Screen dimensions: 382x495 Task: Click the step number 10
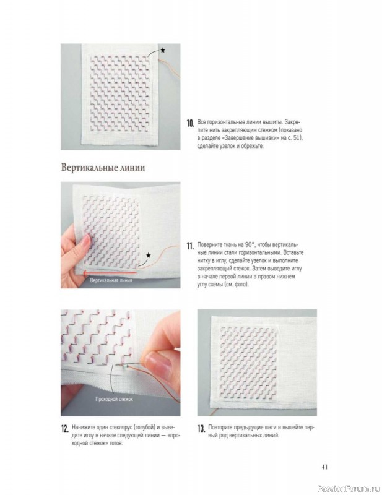click(x=190, y=123)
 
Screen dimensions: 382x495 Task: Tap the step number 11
click(x=190, y=246)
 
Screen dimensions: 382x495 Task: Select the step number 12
click(x=65, y=429)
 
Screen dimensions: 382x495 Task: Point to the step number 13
click(x=201, y=429)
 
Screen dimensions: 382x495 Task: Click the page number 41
click(x=324, y=467)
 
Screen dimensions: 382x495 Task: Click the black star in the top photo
click(x=162, y=50)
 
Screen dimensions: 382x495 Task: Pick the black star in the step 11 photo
click(x=148, y=255)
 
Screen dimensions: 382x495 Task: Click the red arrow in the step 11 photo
click(x=110, y=273)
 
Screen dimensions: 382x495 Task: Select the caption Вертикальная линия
click(x=111, y=280)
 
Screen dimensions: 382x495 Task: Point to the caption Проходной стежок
click(x=114, y=399)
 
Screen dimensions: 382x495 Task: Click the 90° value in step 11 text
click(x=250, y=244)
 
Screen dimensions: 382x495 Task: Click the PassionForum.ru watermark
click(x=349, y=489)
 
